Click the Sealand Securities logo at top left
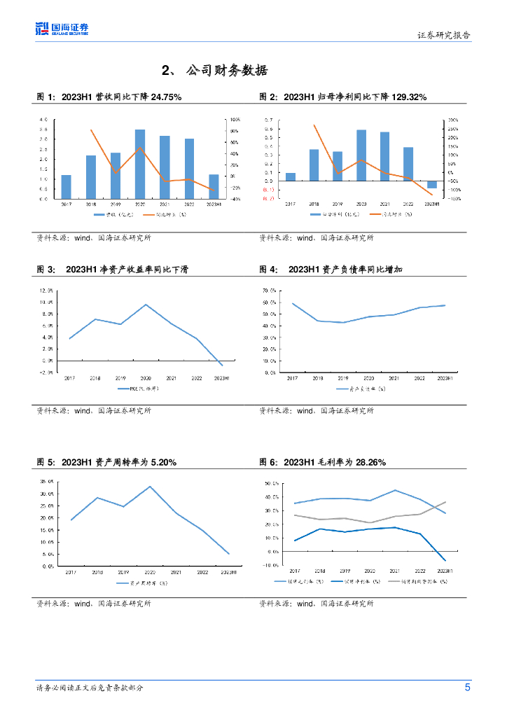point(62,29)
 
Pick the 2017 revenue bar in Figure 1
point(66,186)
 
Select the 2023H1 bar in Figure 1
point(214,186)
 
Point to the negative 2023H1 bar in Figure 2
point(432,184)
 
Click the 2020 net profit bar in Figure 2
point(361,155)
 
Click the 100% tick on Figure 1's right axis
point(235,120)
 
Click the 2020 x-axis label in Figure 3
point(146,378)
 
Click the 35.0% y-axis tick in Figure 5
point(47,482)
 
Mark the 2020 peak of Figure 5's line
point(150,487)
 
